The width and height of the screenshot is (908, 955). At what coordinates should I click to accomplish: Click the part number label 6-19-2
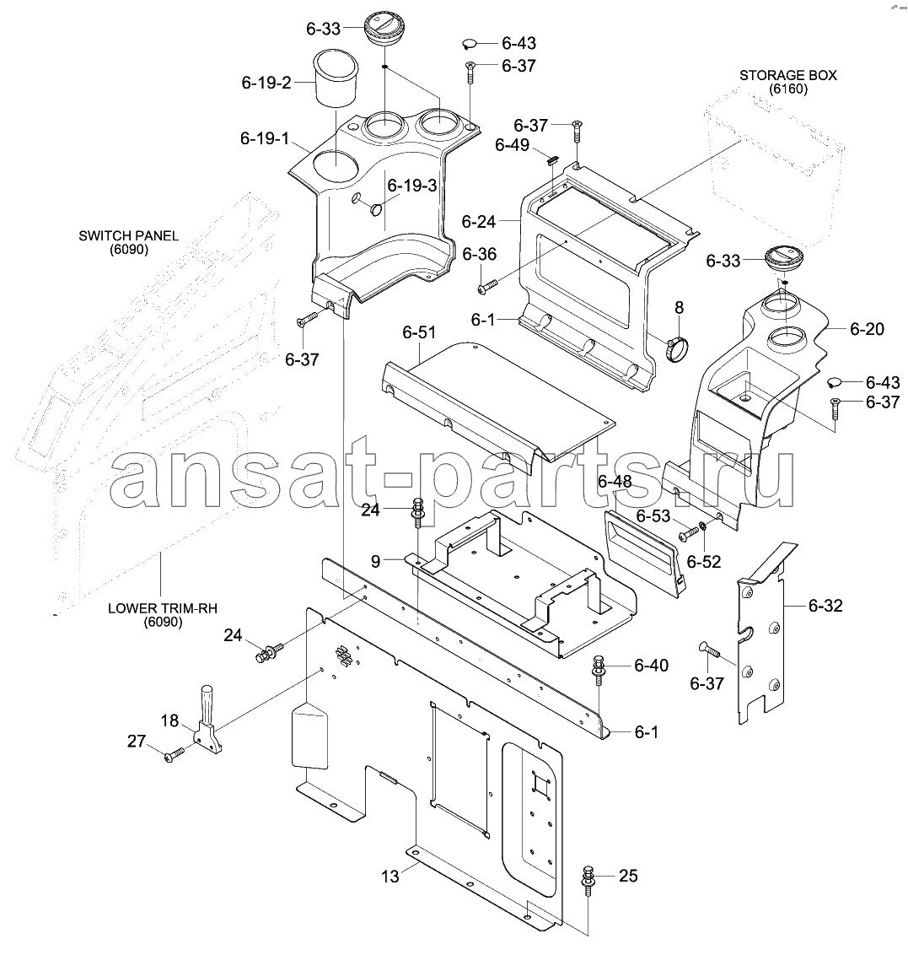coord(266,83)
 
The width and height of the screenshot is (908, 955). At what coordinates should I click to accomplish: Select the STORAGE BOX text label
coord(787,76)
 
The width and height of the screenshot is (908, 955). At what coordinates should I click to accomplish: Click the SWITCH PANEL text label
coord(128,235)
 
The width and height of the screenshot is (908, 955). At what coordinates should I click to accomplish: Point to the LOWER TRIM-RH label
coord(163,608)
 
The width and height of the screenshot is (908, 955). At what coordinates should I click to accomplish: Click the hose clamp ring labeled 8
coord(677,349)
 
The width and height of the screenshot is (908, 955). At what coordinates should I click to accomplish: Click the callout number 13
coord(390,877)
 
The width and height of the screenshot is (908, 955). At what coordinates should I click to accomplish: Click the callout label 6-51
coord(419,332)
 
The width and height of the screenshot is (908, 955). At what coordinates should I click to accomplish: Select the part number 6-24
coord(478,222)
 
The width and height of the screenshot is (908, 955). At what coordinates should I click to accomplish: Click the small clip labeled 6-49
coord(551,161)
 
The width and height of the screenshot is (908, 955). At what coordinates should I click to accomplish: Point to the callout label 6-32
coord(825,606)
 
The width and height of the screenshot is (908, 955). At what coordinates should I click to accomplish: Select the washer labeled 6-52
coord(703,526)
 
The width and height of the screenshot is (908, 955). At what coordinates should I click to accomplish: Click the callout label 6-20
coord(867,329)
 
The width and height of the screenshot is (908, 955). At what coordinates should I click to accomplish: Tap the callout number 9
coord(375,562)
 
